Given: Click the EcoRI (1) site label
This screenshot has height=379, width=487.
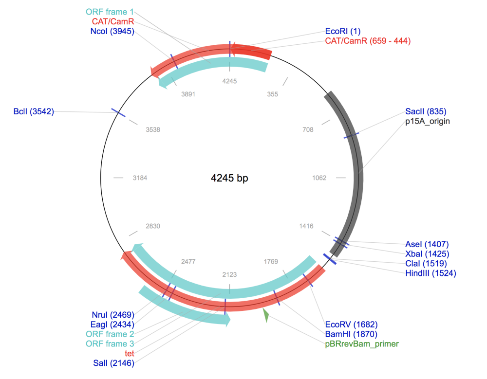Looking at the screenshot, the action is [342, 31].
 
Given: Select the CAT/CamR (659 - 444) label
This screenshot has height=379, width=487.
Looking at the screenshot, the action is [368, 41].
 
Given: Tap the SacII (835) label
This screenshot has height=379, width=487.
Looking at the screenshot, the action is [426, 112].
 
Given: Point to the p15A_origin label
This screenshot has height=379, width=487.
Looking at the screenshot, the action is [428, 121].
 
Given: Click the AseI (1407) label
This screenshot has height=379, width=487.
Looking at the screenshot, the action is [427, 244].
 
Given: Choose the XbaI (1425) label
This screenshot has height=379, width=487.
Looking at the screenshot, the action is [427, 254].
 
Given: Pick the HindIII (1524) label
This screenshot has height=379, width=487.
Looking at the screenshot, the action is [431, 273].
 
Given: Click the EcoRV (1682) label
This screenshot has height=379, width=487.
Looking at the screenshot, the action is [351, 325].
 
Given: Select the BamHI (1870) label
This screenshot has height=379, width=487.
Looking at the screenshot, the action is [351, 334].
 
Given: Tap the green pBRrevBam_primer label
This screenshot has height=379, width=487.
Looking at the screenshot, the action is [362, 344].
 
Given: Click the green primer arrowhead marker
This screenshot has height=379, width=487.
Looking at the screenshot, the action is [266, 315].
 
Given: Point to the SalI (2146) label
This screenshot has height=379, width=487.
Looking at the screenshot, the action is [113, 363].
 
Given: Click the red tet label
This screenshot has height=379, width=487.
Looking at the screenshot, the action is [130, 354].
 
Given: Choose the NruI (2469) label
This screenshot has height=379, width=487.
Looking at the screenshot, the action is [113, 315].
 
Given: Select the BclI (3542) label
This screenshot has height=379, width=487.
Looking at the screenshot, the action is [34, 112].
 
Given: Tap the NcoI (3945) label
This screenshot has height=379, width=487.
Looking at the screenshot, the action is [112, 31].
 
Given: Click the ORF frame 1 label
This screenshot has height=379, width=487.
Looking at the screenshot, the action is [110, 12].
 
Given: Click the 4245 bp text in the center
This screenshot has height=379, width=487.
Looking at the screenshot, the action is [229, 178].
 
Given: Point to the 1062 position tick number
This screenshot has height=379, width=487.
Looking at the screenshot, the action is [319, 178].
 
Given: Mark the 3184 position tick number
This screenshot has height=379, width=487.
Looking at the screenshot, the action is [140, 178].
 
